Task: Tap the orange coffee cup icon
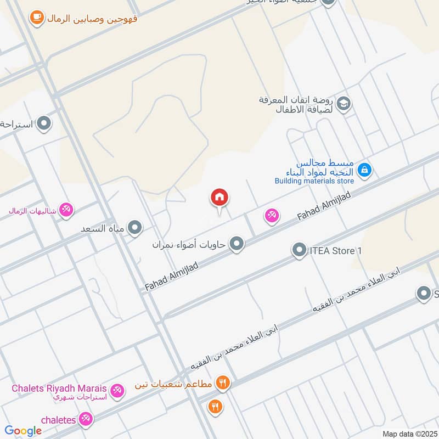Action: (37, 18)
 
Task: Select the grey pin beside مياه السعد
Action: (134, 227)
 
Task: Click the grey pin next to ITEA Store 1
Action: (299, 251)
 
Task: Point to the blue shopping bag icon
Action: (365, 171)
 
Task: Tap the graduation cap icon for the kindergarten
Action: (344, 104)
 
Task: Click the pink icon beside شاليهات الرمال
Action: (66, 210)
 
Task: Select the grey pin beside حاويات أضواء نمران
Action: (237, 243)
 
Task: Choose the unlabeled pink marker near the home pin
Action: (272, 216)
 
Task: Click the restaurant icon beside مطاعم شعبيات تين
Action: (222, 382)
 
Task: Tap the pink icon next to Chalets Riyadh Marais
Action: (116, 391)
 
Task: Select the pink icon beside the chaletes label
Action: (85, 420)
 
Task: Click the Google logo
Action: (23, 431)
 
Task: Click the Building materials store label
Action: (314, 180)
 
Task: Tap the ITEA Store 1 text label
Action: (335, 251)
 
